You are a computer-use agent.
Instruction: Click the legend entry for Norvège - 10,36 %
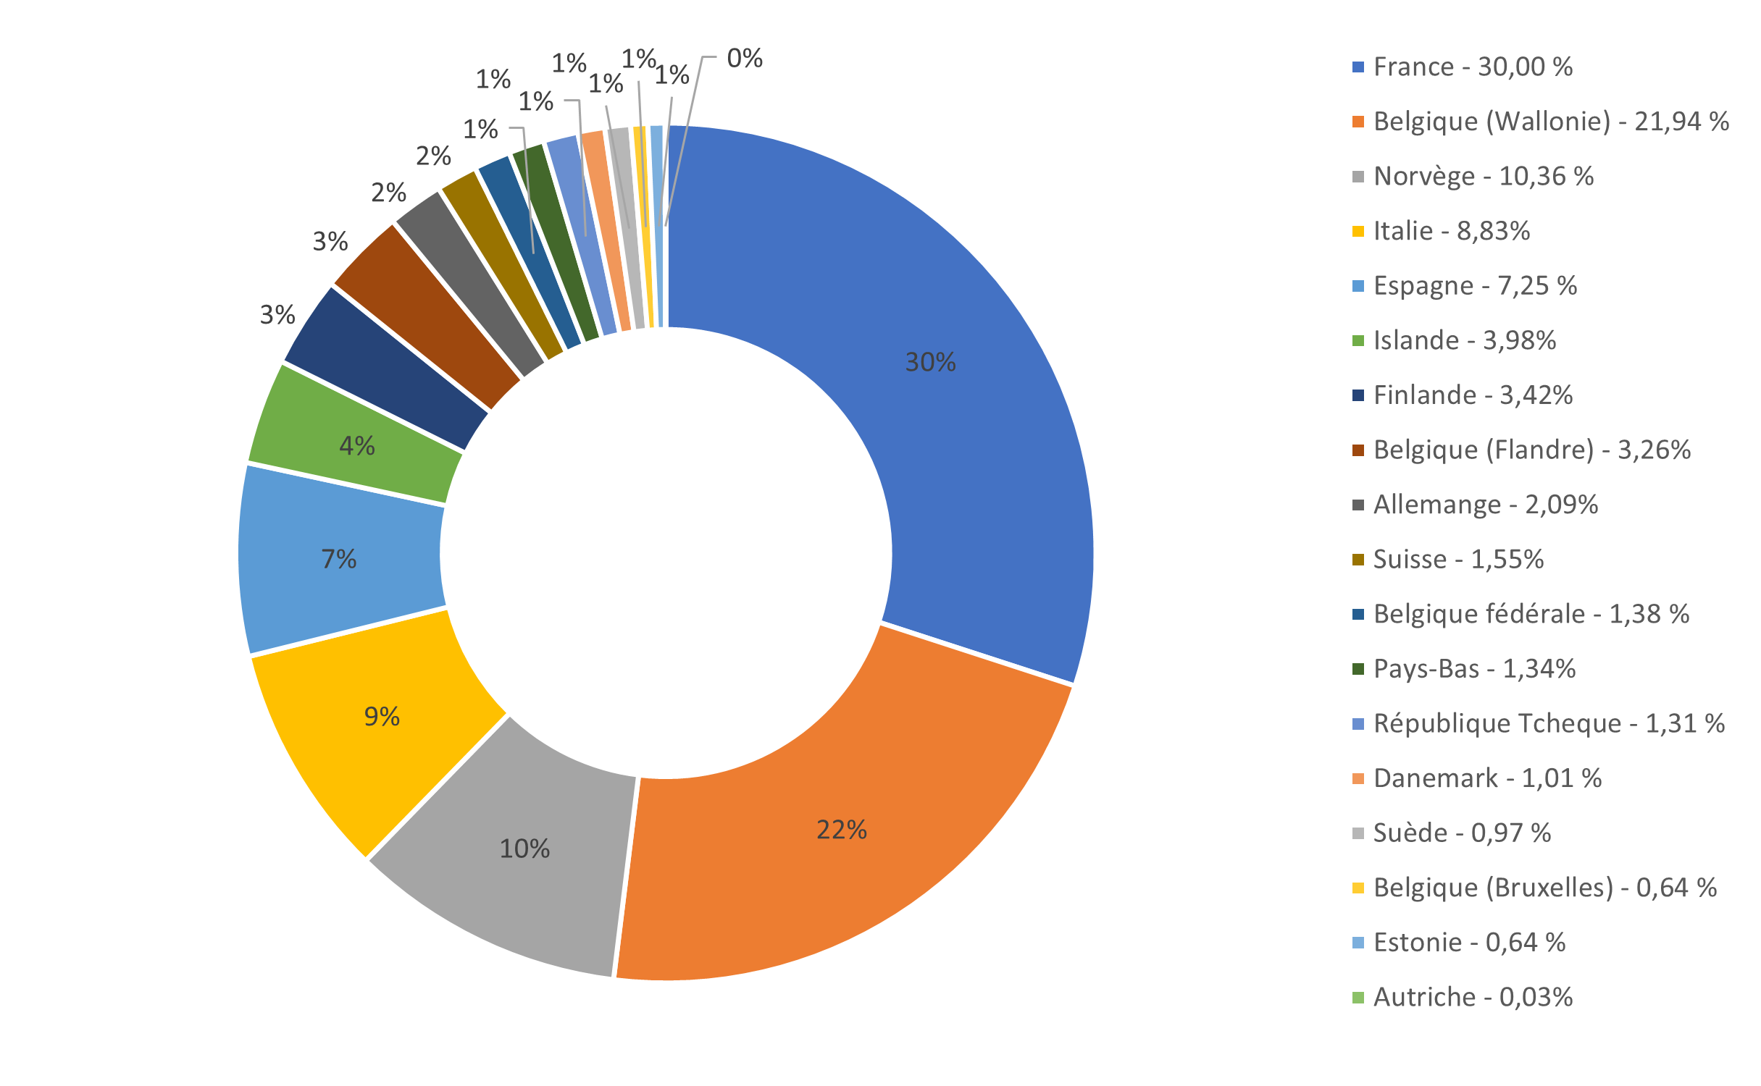click(x=1483, y=177)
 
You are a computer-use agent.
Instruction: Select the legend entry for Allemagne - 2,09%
click(x=1485, y=505)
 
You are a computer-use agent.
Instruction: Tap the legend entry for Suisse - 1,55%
click(x=1457, y=560)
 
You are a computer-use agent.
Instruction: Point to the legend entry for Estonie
click(x=1469, y=943)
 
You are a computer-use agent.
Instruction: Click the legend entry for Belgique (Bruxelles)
click(x=1544, y=888)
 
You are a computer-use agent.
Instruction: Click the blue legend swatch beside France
click(x=1358, y=67)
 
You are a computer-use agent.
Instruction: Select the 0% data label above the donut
click(x=745, y=59)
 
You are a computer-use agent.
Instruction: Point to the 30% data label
click(x=930, y=362)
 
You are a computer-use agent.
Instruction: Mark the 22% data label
click(x=841, y=830)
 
